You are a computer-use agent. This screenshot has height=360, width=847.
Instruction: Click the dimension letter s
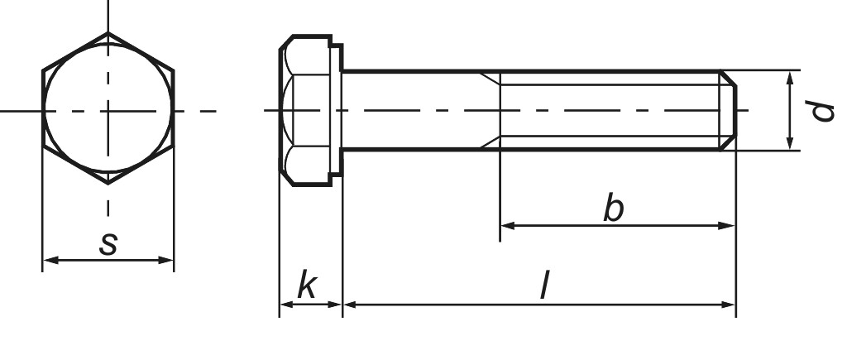108,243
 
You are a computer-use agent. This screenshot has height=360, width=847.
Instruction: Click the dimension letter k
307,286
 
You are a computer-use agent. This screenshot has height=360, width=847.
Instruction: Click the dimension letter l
543,287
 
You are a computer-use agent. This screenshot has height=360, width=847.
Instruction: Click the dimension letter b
613,209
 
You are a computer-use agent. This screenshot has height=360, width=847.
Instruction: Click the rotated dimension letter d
821,111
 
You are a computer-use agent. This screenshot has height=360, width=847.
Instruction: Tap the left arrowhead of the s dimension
48,261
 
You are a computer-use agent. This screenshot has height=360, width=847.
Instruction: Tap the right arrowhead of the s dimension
168,261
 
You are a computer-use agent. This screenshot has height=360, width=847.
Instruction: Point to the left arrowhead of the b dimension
506,225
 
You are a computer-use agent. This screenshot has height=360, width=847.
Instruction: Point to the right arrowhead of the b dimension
729,225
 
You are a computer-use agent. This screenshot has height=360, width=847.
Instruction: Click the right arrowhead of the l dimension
729,305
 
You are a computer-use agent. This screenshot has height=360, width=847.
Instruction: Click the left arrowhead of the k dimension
285,305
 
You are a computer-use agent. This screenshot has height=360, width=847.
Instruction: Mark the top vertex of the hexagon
108,33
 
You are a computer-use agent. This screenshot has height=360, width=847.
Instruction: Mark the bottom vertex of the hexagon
108,185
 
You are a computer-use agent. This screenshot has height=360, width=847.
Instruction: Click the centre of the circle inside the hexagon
108,110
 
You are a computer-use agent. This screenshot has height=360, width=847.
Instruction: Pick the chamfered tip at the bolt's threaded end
727,111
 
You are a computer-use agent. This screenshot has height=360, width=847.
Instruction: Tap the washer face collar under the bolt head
337,111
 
